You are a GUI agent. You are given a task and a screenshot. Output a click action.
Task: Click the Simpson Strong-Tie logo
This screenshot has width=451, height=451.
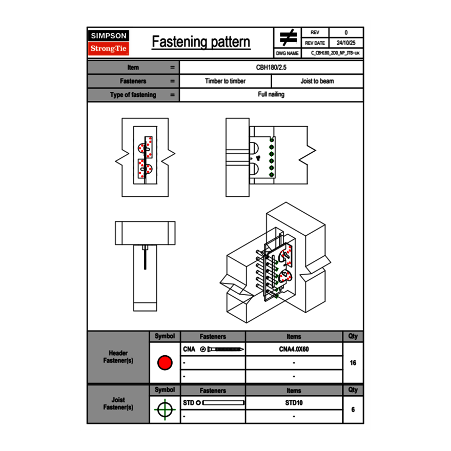109,43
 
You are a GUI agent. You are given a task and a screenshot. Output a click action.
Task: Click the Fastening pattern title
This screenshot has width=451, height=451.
201,42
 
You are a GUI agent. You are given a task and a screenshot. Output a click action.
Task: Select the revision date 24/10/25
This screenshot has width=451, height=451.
346,43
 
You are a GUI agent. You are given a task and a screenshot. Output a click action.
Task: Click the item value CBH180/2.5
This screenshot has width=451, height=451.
271,67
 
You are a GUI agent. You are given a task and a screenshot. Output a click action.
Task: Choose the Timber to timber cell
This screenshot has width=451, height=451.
225,81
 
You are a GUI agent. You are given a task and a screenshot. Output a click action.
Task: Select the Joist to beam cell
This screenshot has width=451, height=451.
317,81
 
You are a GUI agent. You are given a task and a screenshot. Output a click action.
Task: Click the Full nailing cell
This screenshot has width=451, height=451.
271,95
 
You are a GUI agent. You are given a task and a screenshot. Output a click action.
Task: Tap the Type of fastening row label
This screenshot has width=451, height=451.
133,95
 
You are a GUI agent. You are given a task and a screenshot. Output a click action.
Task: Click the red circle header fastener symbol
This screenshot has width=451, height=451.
165,363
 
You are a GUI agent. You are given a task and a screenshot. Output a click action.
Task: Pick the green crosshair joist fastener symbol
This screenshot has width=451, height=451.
165,409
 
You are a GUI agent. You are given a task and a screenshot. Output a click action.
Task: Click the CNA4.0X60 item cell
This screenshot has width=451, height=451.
294,350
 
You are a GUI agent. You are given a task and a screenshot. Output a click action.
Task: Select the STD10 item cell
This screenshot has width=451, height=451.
294,403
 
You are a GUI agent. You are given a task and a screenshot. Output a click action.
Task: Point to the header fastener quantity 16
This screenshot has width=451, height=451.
353,363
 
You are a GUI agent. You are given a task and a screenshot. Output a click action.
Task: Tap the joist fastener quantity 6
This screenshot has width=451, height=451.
353,409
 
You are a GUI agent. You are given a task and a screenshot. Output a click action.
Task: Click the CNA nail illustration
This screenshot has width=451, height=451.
223,350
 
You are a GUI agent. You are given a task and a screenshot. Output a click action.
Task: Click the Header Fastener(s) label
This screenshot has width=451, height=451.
118,357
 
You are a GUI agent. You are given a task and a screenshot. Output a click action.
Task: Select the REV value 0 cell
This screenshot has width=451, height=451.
346,33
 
